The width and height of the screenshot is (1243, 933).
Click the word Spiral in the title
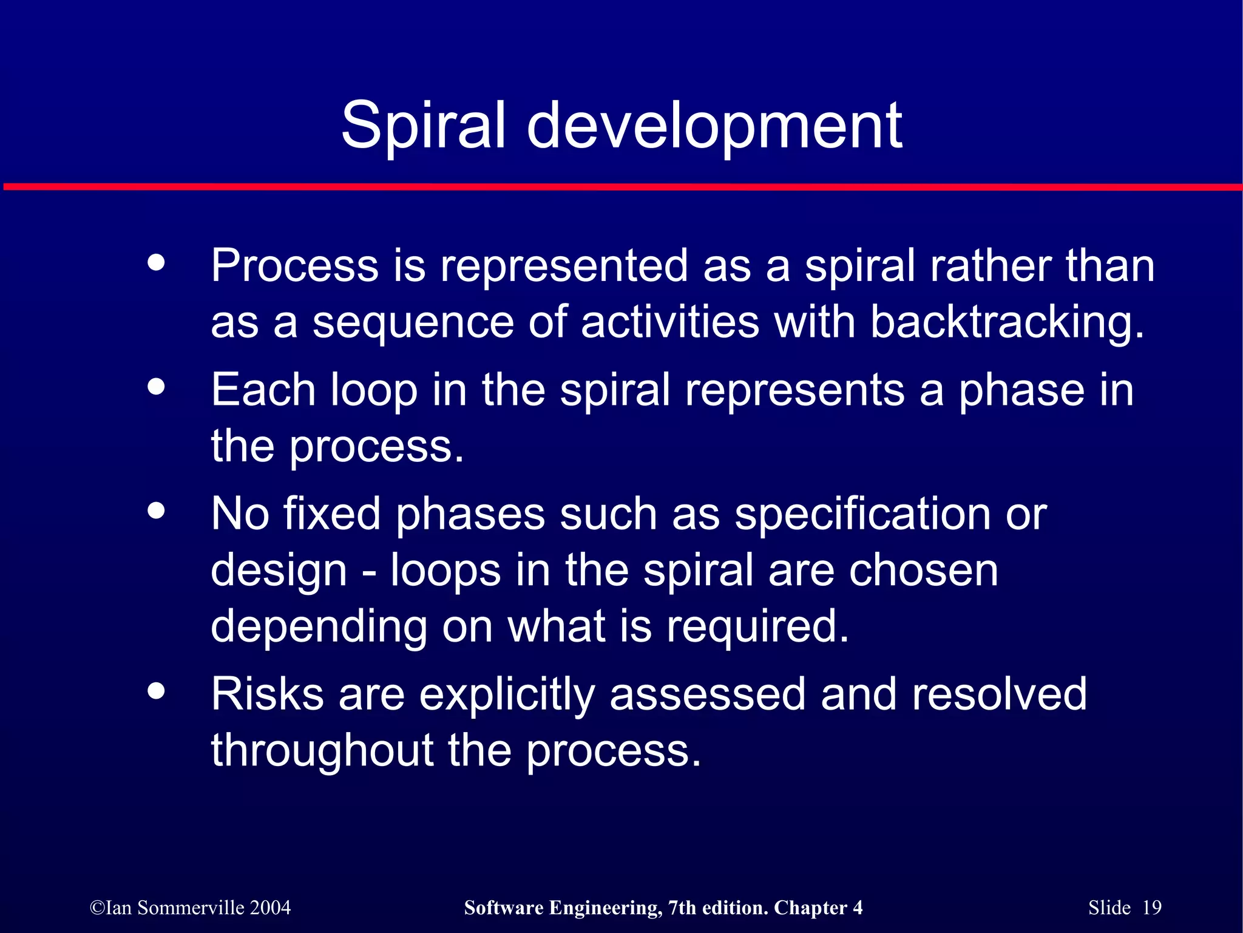[x=423, y=126]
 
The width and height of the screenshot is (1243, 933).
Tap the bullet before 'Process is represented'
[x=156, y=262]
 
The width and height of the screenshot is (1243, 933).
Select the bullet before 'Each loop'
[x=156, y=386]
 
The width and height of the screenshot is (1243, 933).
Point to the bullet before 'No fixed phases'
[x=156, y=510]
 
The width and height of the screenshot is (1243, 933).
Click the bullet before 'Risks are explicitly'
[x=156, y=690]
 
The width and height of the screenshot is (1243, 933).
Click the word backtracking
[x=1008, y=322]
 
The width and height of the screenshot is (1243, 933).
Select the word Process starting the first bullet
[x=294, y=266]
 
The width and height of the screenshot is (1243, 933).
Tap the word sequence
[x=413, y=323]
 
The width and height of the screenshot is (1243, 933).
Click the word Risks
[x=267, y=694]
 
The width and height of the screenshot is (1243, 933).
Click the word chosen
[x=923, y=571]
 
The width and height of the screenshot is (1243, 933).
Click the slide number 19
[x=1151, y=908]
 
